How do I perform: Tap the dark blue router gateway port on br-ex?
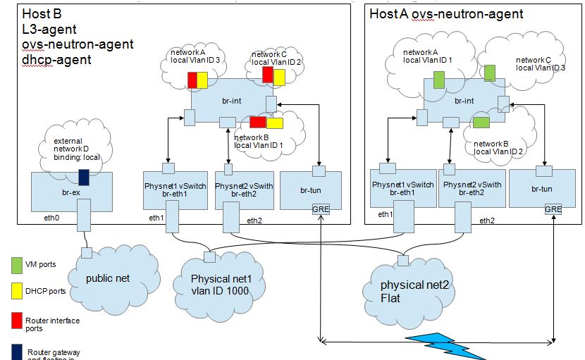[83, 177]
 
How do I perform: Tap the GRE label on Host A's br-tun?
[553, 209]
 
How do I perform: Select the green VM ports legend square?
[16, 264]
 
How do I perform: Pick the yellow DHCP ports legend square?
[16, 290]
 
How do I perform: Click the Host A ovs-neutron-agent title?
[446, 13]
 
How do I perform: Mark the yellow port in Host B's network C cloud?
[279, 76]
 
